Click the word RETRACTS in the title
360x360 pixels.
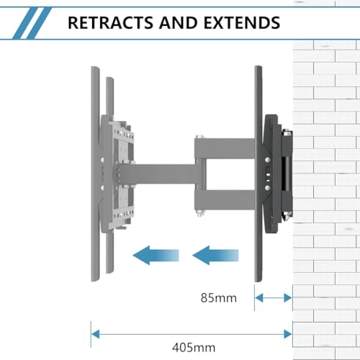[x=111, y=23]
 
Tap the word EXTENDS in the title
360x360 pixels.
[x=242, y=23]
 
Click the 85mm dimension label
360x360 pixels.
[x=219, y=298]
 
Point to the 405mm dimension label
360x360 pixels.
[x=194, y=347]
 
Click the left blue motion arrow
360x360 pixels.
[x=156, y=256]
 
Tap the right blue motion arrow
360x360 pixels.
[x=215, y=256]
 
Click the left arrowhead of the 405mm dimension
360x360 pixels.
[x=96, y=334]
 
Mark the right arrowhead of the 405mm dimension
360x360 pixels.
[x=288, y=334]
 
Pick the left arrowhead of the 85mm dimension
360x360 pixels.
[x=259, y=298]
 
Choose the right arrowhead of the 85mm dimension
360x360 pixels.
[x=288, y=298]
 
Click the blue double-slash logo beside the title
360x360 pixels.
[x=32, y=23]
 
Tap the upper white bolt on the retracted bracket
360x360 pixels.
[x=267, y=159]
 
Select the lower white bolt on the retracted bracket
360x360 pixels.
[x=267, y=187]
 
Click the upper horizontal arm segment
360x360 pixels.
[x=225, y=148]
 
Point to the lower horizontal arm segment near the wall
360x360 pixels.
[x=225, y=200]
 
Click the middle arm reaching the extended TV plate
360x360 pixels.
[x=157, y=174]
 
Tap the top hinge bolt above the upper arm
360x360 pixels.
[x=199, y=137]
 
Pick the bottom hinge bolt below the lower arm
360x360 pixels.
[x=199, y=214]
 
